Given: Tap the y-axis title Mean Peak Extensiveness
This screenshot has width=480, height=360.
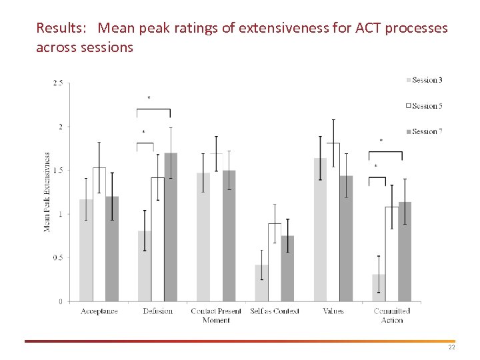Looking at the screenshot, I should [47, 192].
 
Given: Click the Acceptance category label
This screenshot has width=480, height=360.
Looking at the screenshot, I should [99, 311].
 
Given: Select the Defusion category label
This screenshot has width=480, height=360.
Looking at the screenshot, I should [157, 311].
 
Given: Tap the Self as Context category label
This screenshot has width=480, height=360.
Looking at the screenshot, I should [274, 311].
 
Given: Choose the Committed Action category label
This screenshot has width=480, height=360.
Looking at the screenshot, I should [392, 315].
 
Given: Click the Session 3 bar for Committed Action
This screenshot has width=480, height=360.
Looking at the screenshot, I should [379, 288].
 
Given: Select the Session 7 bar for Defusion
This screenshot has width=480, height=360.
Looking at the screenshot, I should [171, 227].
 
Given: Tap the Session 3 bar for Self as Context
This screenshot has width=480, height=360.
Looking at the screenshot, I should [261, 283].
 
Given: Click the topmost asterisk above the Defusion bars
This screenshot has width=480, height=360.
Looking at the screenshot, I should [149, 99].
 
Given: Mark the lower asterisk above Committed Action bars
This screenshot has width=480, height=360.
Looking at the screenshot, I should [375, 167].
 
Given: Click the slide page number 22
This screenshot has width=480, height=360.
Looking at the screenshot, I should [451, 348].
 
